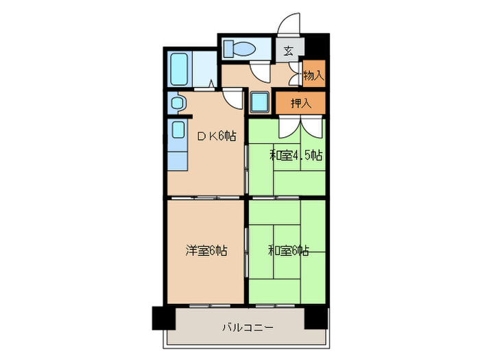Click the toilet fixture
click(239, 49)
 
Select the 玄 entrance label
click(288, 49)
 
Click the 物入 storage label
click(313, 75)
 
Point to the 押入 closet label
click(300, 104)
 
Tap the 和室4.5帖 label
click(295, 155)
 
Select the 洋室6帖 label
click(206, 251)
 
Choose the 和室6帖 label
click(289, 251)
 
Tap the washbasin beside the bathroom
click(176, 104)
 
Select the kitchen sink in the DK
click(177, 130)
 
